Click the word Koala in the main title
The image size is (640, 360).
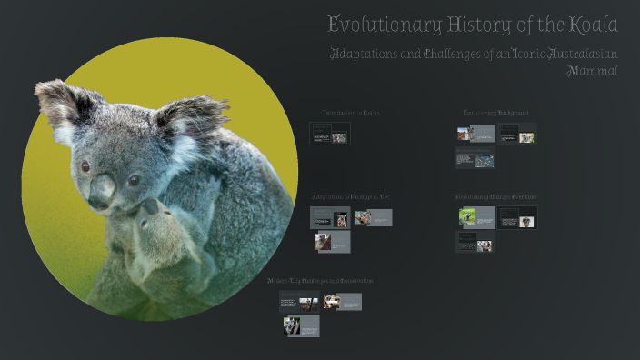589,25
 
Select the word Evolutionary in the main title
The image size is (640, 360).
383,25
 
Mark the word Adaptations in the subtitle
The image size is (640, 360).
362,54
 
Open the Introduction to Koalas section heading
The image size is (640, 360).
351,113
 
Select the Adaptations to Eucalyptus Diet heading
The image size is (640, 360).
351,196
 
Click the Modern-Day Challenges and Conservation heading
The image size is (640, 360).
320,281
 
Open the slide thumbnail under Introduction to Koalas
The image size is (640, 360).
329,135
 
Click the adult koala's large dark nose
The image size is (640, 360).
101,190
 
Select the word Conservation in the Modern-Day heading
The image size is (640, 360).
353,281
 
